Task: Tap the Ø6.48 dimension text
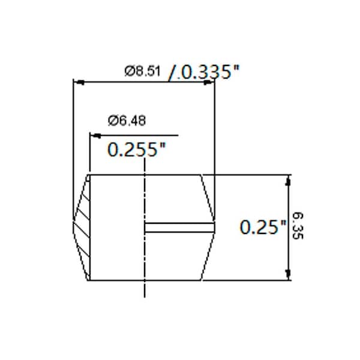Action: (127, 121)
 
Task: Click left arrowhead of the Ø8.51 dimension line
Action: (76, 82)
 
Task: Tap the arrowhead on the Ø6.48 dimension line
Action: (94, 135)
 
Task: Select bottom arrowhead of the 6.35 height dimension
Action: (289, 275)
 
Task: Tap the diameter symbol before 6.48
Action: (112, 121)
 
